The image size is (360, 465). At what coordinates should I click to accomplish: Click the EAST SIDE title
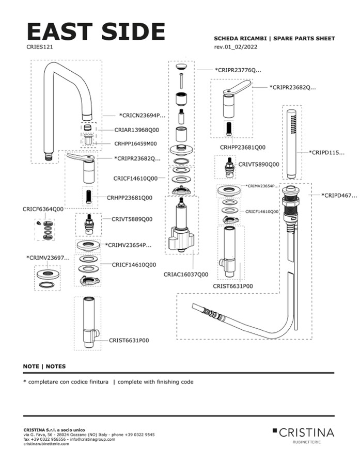pos(96,32)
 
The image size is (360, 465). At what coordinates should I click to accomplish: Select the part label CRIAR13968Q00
pos(129,130)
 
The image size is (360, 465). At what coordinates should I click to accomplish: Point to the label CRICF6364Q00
pos(43,209)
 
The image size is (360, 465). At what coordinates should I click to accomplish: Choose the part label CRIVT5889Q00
pos(132,219)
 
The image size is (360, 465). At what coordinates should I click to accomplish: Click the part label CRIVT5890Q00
pos(258,164)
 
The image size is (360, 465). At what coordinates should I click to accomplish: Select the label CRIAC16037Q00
pos(186,274)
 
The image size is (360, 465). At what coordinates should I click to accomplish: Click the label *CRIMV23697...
pos(48,257)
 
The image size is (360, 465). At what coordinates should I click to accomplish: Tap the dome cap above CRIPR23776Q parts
pos(181,67)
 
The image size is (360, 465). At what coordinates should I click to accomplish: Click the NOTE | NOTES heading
pos(44,366)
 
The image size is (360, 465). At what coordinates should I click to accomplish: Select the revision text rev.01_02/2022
pos(236,47)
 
